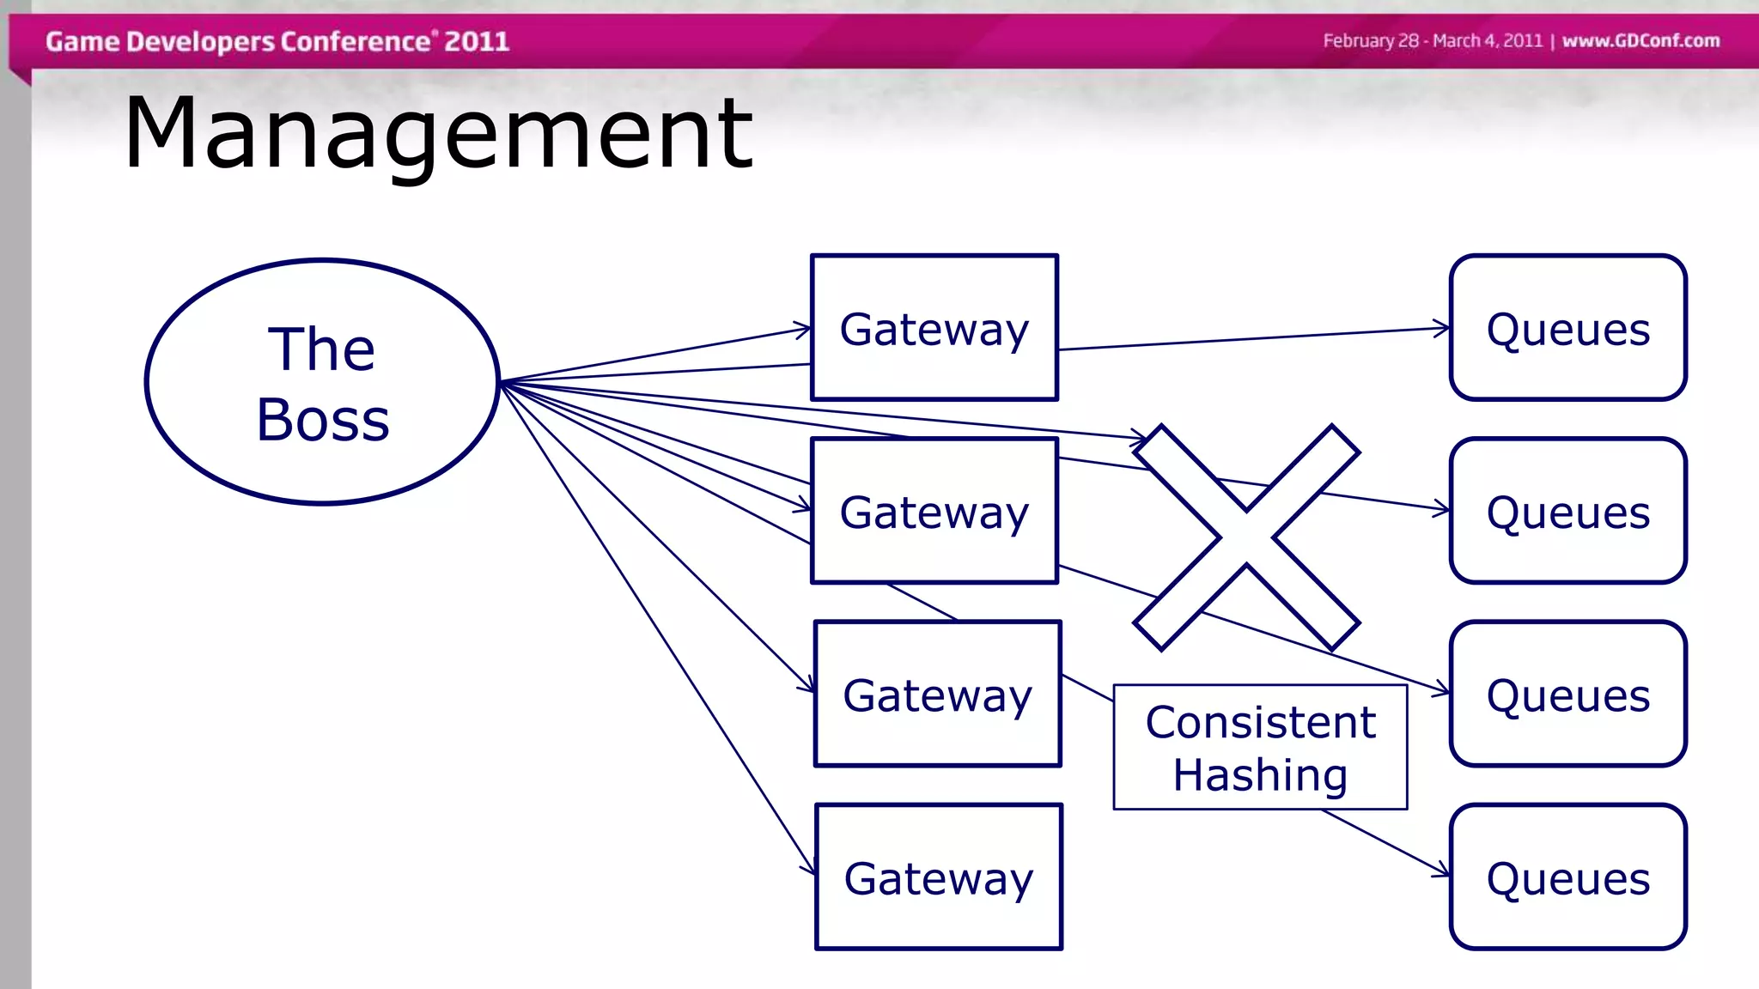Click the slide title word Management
click(438, 133)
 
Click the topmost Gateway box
click(934, 328)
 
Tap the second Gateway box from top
click(934, 512)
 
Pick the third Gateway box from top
click(938, 695)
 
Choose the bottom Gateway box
click(939, 877)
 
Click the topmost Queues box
click(1568, 328)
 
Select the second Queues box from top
click(1568, 512)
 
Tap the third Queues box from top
click(1568, 695)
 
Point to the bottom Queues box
click(1568, 877)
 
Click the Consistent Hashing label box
click(1260, 747)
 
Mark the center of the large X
click(1246, 537)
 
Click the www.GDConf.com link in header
click(1640, 40)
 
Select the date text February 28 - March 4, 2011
click(1433, 40)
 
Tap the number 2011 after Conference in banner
click(477, 41)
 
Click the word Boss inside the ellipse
click(323, 421)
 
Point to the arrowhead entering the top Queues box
click(1443, 327)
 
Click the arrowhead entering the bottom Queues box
click(1443, 873)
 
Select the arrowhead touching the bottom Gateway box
click(810, 869)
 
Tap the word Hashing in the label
click(1260, 775)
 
